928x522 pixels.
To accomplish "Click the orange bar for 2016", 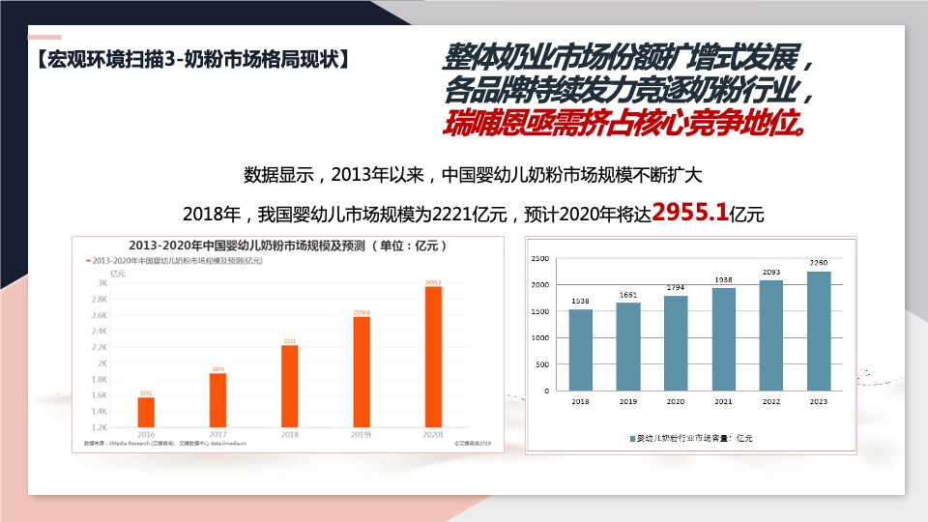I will tap(146, 412).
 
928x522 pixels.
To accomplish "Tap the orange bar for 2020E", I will tap(433, 356).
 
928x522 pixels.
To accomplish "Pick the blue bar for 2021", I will tap(724, 339).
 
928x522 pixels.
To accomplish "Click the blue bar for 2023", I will tap(819, 331).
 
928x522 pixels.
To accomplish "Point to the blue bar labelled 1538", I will tap(581, 350).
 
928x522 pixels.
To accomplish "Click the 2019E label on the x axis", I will tap(362, 436).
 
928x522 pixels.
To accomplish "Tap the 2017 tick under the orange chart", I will tap(217, 436).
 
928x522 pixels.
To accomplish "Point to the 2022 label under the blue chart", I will tap(771, 401).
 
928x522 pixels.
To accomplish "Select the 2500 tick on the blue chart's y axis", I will tap(540, 259).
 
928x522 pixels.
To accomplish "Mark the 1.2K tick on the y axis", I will tap(100, 426).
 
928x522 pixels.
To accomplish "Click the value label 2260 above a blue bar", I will tap(819, 263).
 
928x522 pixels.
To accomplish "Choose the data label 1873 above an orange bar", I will tap(217, 368).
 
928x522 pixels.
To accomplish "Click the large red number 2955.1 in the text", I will tap(691, 212).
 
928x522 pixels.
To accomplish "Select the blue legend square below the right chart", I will tap(631, 439).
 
